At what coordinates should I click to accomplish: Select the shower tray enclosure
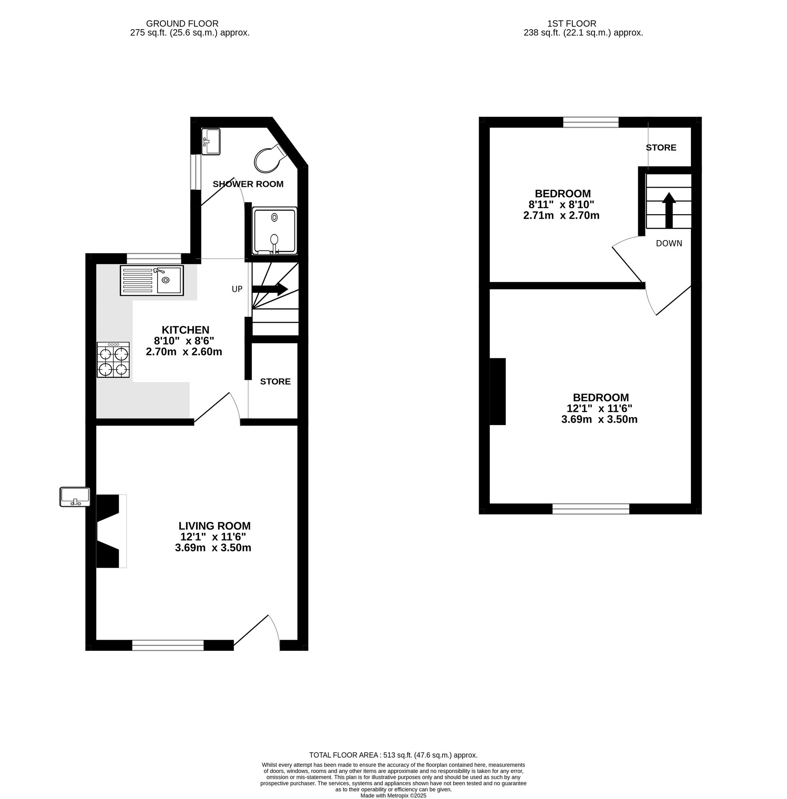tap(275, 231)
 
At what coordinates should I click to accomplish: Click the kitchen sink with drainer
tap(152, 281)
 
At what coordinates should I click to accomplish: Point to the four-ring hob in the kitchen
tap(113, 360)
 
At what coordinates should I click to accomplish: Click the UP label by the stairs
tap(237, 289)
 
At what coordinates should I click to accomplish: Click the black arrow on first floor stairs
tap(669, 211)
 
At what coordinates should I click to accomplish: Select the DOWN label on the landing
tap(669, 244)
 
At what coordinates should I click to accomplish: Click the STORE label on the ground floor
tap(275, 382)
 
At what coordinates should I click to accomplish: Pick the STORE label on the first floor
tap(661, 147)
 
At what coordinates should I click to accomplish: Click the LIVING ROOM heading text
tap(214, 526)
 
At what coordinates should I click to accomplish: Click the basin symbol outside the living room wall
tap(75, 497)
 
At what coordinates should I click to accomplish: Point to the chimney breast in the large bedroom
tap(497, 392)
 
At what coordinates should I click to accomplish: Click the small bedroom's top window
tap(591, 122)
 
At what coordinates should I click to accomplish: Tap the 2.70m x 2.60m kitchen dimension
tap(184, 352)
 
